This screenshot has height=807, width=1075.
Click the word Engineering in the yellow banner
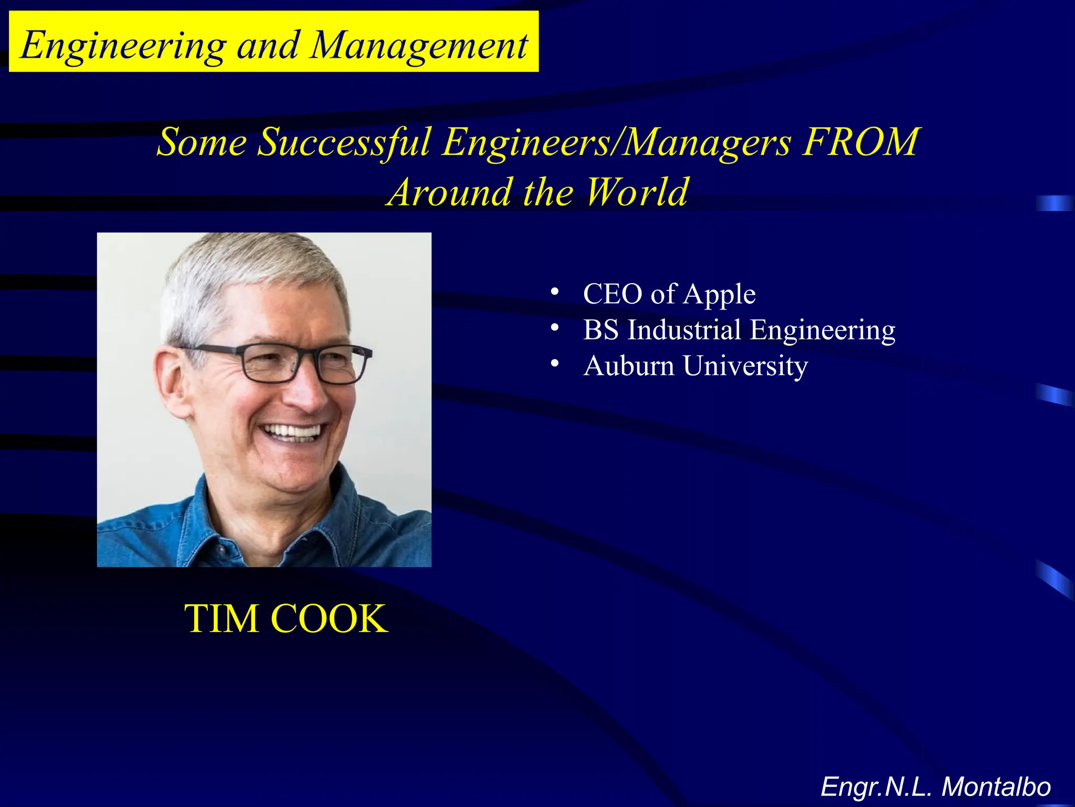tap(123, 46)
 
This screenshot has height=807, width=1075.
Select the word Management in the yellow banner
tap(419, 46)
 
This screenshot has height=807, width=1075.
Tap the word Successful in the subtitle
tap(344, 142)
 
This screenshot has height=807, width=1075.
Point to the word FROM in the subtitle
tap(860, 142)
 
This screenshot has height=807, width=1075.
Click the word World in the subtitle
tap(636, 192)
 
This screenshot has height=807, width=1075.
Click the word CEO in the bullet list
tap(612, 294)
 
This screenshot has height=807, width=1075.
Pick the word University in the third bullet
tap(745, 367)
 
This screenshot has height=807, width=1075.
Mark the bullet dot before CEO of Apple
tap(554, 292)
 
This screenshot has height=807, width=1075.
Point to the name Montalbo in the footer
tap(996, 787)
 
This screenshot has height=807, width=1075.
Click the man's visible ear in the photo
tap(173, 378)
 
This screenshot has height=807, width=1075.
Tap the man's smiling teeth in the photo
tap(292, 432)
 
